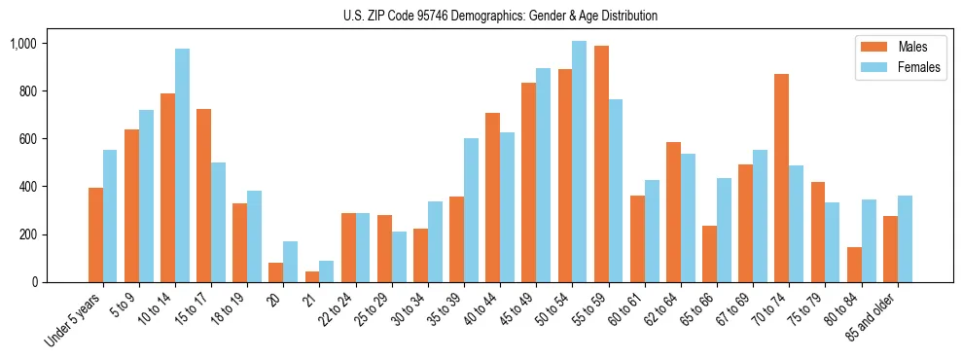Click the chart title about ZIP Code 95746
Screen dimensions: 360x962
click(500, 16)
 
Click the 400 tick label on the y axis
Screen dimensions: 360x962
click(26, 187)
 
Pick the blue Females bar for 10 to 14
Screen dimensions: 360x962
click(182, 165)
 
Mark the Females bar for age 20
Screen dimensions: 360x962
click(290, 262)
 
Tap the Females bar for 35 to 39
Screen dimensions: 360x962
click(471, 210)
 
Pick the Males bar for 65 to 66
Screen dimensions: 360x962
click(709, 254)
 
